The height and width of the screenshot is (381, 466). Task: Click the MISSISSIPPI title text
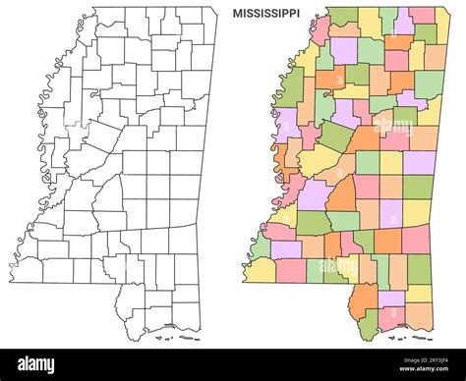[266, 15]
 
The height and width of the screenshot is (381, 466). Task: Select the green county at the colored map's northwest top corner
[343, 17]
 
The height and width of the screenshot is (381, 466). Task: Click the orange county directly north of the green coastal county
[366, 296]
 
